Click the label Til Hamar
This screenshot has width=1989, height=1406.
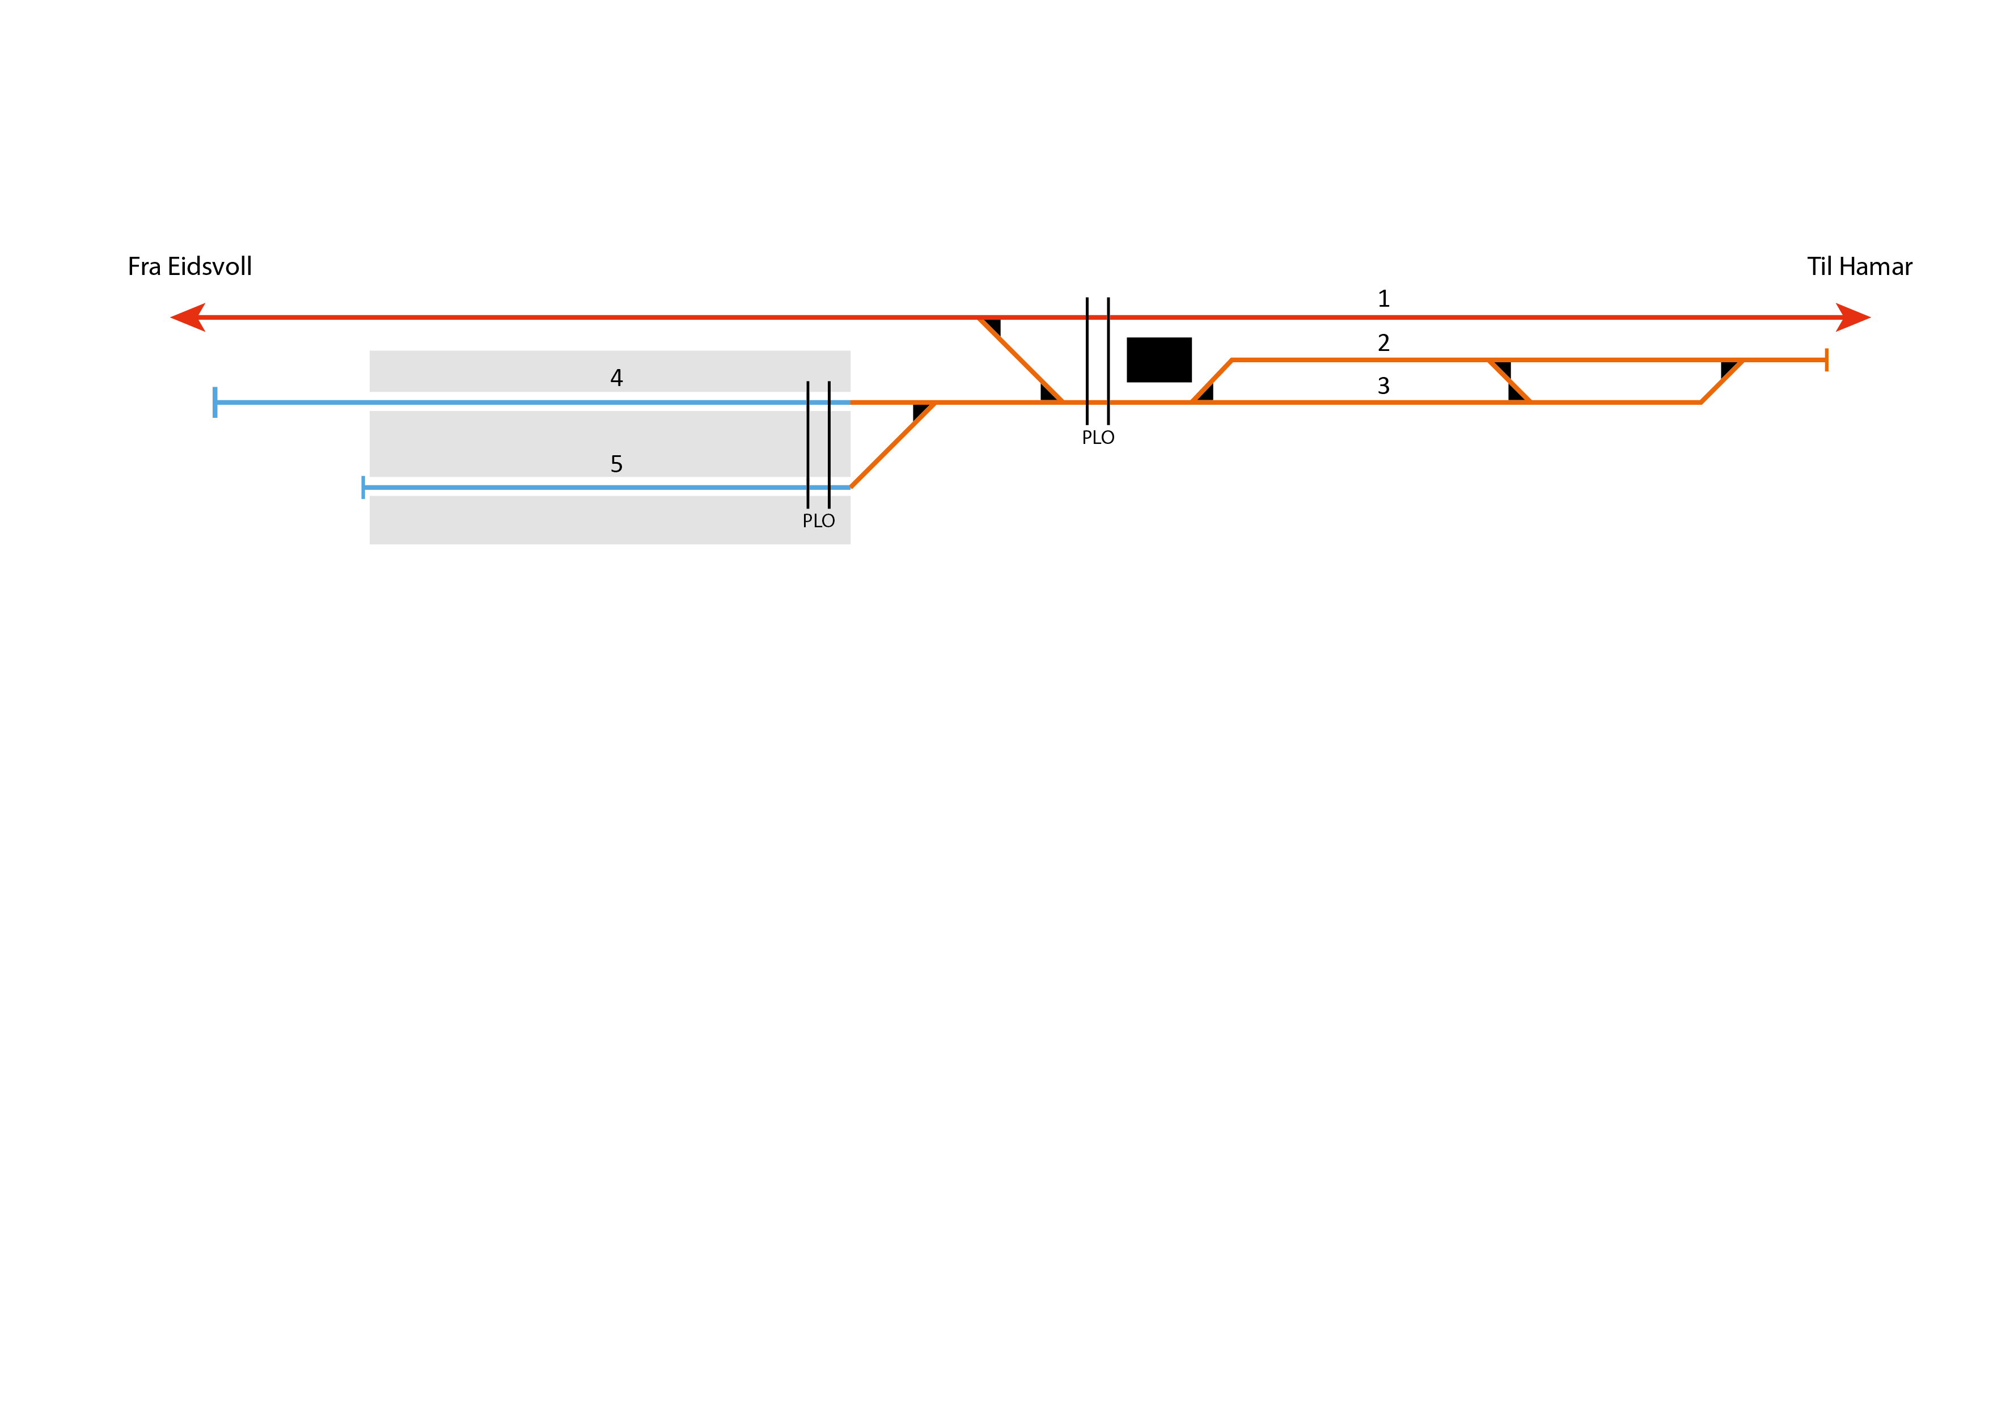coord(1859,267)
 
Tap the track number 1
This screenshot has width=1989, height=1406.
coord(1383,299)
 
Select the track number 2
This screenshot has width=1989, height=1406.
coord(1383,343)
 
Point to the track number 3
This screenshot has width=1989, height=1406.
coord(1383,387)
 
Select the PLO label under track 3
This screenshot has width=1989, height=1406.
coord(1098,438)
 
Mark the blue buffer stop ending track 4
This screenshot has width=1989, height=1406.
coord(215,402)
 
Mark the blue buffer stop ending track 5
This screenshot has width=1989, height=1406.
coord(363,488)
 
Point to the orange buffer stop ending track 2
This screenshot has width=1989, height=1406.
coord(1826,359)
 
